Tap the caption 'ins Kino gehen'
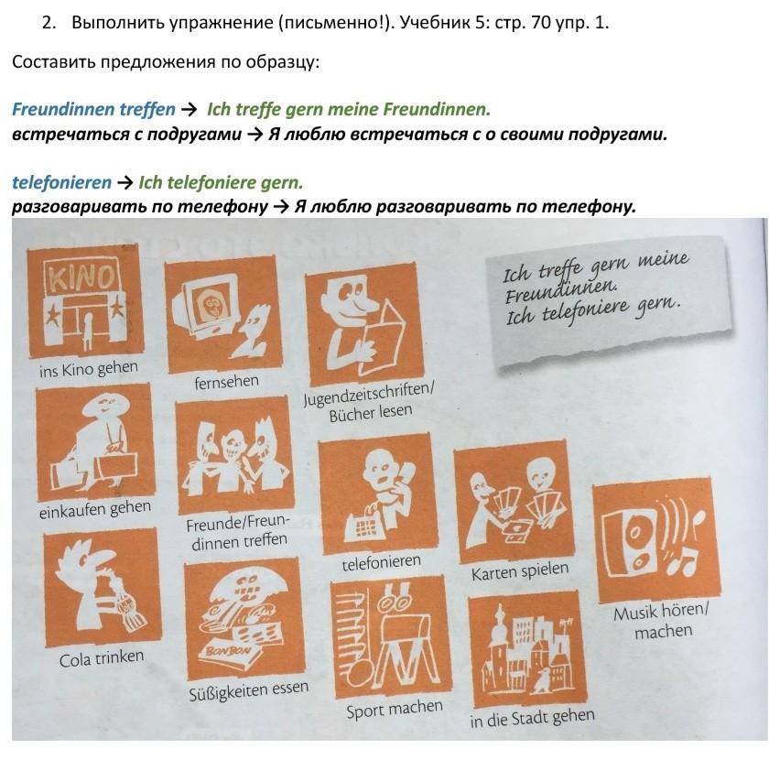click(89, 369)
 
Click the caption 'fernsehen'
click(227, 382)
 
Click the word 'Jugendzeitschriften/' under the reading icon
click(369, 395)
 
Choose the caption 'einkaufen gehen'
click(95, 509)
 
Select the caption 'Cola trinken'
click(102, 658)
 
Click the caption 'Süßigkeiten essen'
click(249, 690)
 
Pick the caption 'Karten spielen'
click(520, 571)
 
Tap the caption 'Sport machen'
click(395, 710)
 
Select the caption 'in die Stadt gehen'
click(532, 719)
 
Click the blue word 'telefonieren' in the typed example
click(62, 182)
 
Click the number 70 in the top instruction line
click(541, 23)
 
